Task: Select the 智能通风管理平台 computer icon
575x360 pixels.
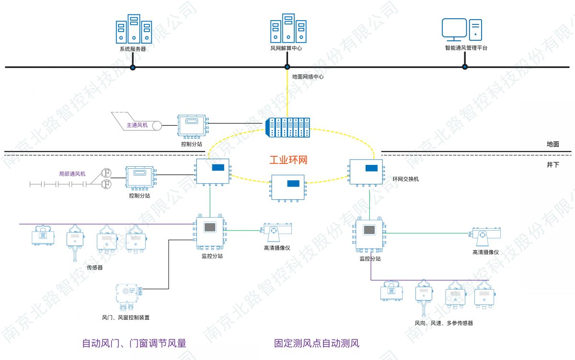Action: pos(461,30)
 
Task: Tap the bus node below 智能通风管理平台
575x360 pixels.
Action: pos(464,67)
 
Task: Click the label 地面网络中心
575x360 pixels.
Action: pos(308,76)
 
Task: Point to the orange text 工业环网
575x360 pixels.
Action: pos(287,160)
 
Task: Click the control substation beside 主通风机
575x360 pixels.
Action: pos(192,126)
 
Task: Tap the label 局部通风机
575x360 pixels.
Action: pos(72,174)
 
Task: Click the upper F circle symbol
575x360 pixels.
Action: pos(107,173)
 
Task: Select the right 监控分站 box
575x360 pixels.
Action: pos(369,234)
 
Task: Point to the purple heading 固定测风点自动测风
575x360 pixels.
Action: pos(317,343)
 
